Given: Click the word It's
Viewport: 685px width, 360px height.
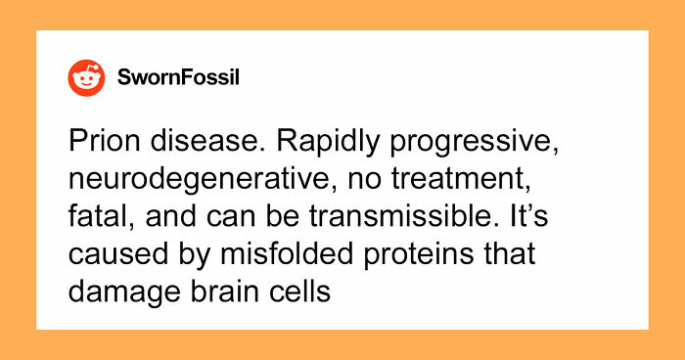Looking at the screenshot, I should point(536,218).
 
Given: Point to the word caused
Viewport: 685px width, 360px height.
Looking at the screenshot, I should point(109,255).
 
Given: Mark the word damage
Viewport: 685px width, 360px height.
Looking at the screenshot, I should point(116,292).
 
